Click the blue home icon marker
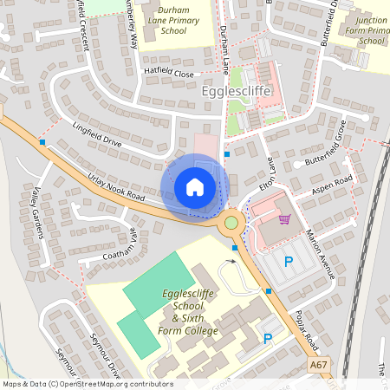click(195, 186)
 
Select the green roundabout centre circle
click(231, 223)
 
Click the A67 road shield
click(319, 367)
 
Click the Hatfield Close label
click(168, 75)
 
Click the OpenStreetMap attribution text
click(87, 383)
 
